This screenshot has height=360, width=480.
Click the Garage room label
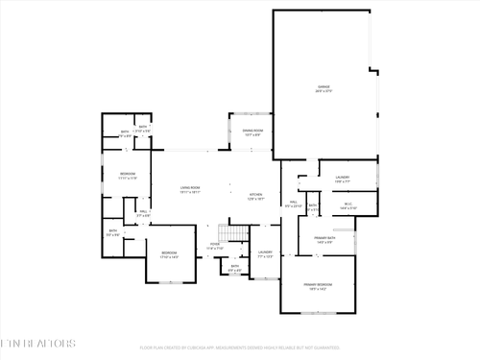(x=324, y=86)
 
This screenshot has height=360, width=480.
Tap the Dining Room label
(x=252, y=131)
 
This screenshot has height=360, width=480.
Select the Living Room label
(x=190, y=187)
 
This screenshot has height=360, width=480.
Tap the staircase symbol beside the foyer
(x=228, y=233)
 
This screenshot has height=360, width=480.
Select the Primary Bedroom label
(x=316, y=285)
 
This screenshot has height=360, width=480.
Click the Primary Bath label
(x=324, y=237)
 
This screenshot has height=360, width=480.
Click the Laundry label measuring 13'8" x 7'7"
(x=342, y=177)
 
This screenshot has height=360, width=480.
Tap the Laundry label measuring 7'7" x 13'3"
(x=265, y=252)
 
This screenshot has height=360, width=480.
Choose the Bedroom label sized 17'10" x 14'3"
(x=169, y=252)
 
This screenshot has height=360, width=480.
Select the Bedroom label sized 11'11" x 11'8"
(x=128, y=174)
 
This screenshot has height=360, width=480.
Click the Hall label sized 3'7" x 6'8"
(x=142, y=212)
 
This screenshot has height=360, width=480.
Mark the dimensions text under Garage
(x=324, y=92)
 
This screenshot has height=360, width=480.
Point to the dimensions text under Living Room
(x=190, y=193)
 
